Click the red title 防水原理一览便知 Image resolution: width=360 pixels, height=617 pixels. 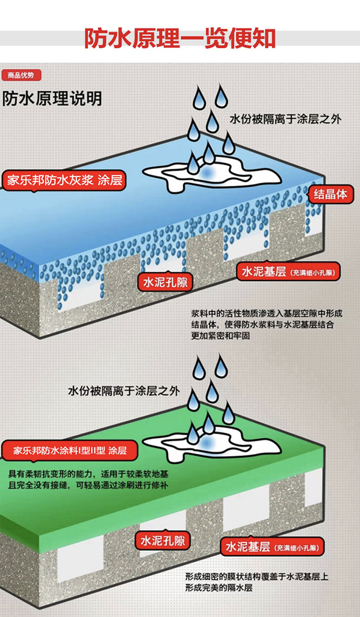[x=180, y=39]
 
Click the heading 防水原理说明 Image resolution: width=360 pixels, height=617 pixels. [x=52, y=99]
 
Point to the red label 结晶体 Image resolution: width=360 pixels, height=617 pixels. [x=330, y=195]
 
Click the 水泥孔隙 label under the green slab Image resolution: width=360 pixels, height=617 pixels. [x=162, y=541]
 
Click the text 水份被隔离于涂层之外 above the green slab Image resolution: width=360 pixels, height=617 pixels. [x=124, y=391]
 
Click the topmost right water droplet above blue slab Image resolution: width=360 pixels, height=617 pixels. [x=221, y=96]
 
